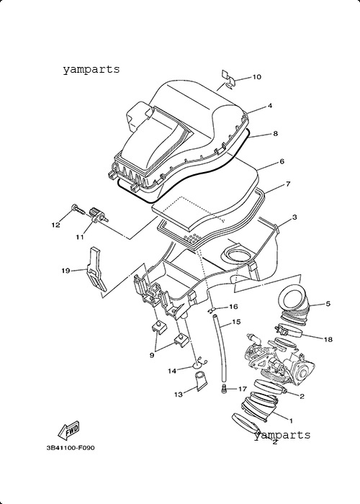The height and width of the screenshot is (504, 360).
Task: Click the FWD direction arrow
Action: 68,430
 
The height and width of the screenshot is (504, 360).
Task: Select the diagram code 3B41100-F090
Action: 71,448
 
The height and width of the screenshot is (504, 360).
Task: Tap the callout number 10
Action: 257,77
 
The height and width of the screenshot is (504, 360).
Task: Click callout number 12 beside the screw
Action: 56,225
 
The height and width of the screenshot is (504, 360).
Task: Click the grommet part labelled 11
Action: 98,215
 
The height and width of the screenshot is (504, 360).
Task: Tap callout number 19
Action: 66,271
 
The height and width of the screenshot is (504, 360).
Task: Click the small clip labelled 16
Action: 211,310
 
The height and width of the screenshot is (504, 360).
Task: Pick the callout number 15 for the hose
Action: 236,322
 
